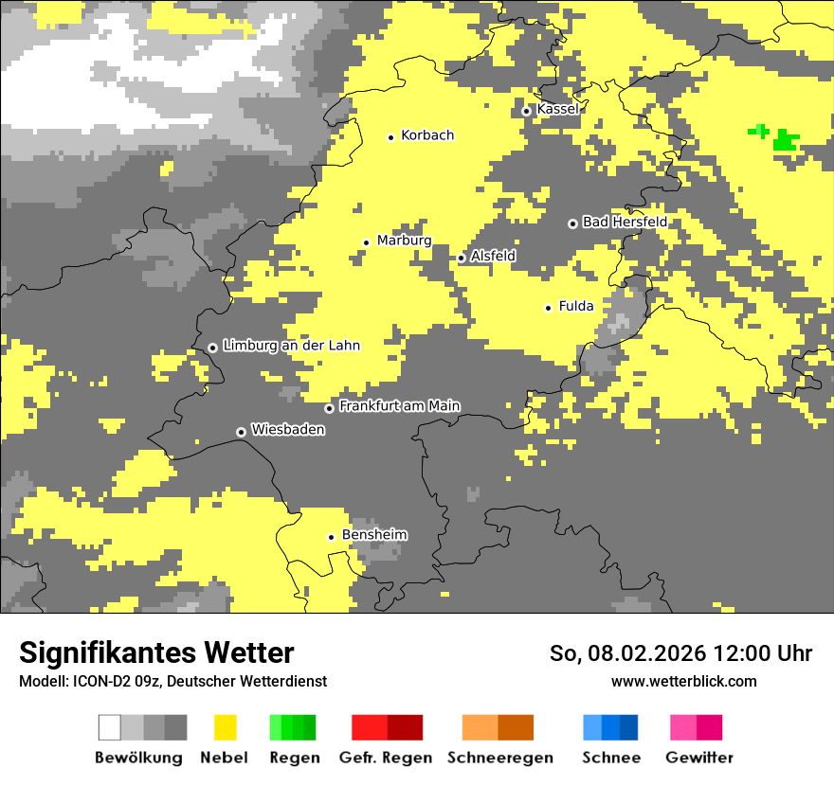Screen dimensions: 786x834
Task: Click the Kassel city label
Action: [x=557, y=109]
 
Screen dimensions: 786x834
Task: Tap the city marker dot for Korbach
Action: [x=390, y=137]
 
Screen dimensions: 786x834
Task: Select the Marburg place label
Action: [x=404, y=241]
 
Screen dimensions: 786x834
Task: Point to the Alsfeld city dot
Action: [x=462, y=258]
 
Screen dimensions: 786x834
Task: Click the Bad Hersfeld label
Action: [x=625, y=222]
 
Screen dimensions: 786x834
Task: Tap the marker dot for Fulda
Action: [x=548, y=308]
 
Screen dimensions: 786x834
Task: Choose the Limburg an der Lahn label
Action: [x=291, y=346]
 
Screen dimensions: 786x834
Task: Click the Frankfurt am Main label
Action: [x=399, y=406]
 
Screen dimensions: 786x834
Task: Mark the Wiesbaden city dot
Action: [x=241, y=432]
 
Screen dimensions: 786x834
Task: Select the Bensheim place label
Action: [x=374, y=535]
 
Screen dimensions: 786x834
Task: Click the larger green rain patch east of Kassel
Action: [x=785, y=141]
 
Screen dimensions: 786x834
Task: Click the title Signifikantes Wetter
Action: [x=156, y=652]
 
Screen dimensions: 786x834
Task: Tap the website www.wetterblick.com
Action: [x=683, y=681]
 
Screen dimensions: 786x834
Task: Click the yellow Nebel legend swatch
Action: [x=225, y=727]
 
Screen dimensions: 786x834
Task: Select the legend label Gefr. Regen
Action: [x=386, y=758]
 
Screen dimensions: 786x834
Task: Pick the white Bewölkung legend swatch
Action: [x=110, y=727]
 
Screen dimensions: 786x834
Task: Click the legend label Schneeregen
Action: [x=500, y=758]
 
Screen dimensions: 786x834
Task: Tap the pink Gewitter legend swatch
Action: [x=683, y=727]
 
